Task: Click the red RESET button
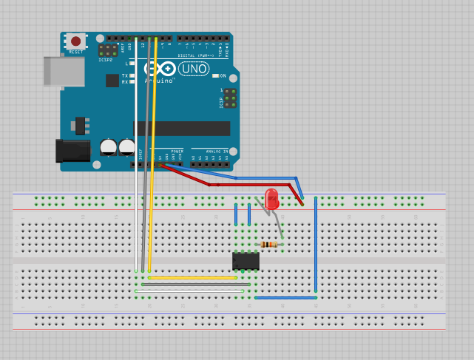[75, 41]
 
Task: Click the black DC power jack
[72, 150]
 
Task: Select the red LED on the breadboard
[271, 198]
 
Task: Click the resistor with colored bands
[269, 245]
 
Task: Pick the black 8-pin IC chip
[246, 261]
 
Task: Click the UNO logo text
[193, 69]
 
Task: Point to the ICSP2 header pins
[108, 50]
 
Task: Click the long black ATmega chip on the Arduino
[181, 128]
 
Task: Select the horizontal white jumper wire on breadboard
[189, 291]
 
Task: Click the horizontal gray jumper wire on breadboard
[195, 285]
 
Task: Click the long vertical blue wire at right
[316, 244]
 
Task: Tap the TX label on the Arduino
[124, 75]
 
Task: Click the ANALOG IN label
[217, 151]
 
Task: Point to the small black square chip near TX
[112, 80]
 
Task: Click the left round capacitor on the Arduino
[109, 147]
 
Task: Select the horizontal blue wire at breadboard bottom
[285, 298]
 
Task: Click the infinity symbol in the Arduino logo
[161, 69]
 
